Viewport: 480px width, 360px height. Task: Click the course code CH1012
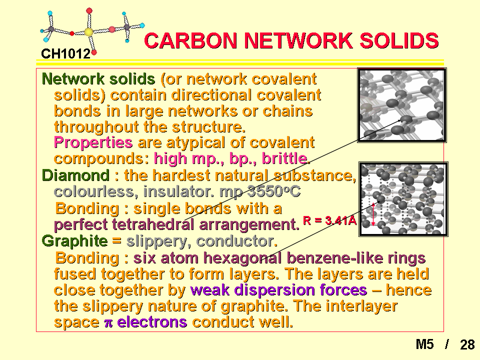pyautogui.click(x=66, y=54)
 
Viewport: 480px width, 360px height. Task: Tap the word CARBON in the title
pyautogui.click(x=190, y=40)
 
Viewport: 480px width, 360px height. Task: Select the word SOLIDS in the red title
pyautogui.click(x=399, y=40)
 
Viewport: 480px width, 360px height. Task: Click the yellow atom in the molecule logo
pyautogui.click(x=88, y=32)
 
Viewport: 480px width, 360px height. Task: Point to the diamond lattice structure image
pyautogui.click(x=402, y=105)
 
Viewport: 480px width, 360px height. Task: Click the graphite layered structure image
pyautogui.click(x=403, y=199)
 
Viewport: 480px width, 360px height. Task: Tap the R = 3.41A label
pyautogui.click(x=329, y=220)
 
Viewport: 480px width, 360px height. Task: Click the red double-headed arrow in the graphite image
pyautogui.click(x=373, y=214)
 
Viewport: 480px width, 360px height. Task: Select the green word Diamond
pyautogui.click(x=75, y=175)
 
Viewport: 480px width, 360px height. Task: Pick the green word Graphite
pyautogui.click(x=74, y=241)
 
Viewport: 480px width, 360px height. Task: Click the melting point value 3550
pyautogui.click(x=265, y=191)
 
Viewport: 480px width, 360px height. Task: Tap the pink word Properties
pyautogui.click(x=93, y=142)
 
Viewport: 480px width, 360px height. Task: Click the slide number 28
pyautogui.click(x=467, y=344)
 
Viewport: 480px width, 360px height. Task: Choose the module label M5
pyautogui.click(x=424, y=344)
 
